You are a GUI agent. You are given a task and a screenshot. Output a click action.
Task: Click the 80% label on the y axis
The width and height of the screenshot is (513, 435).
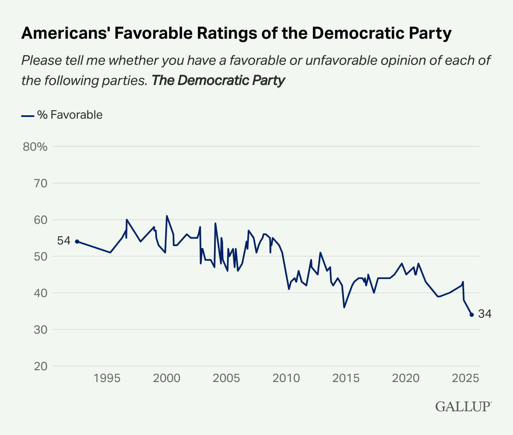(36, 147)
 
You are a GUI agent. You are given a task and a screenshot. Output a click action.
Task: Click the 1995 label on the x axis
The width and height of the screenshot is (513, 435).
(107, 378)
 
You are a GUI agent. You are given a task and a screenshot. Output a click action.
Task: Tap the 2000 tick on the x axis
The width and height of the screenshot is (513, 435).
(167, 378)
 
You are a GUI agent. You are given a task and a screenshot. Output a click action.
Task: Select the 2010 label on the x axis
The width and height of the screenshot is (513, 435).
(286, 378)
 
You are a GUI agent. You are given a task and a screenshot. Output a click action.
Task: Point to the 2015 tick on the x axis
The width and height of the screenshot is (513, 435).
(346, 378)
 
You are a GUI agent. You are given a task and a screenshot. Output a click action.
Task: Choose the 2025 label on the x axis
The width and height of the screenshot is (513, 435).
(465, 378)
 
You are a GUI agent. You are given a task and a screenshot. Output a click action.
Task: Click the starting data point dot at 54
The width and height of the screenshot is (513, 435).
(77, 241)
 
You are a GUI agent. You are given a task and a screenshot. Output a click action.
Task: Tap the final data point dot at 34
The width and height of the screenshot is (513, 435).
(472, 315)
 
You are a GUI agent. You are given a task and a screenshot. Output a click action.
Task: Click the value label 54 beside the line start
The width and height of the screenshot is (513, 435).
(63, 241)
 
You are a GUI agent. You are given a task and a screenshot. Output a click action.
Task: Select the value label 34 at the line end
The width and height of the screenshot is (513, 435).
(485, 314)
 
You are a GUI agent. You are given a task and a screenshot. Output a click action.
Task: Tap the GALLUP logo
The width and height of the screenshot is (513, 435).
(463, 406)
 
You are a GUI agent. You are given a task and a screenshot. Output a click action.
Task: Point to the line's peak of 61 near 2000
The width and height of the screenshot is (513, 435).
(167, 216)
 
